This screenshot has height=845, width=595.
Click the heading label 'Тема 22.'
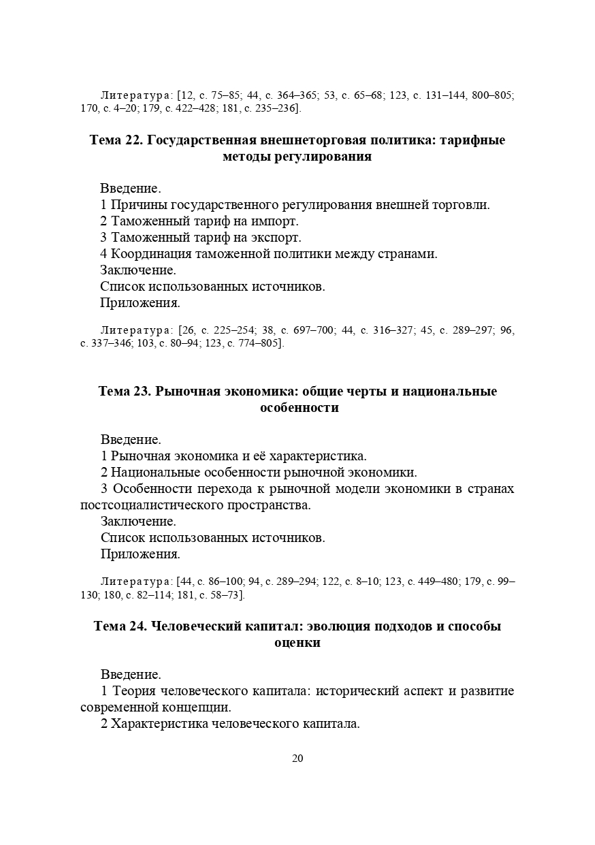pyautogui.click(x=116, y=140)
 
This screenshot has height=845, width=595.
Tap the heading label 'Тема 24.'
pyautogui.click(x=120, y=626)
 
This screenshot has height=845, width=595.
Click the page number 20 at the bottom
pyautogui.click(x=297, y=759)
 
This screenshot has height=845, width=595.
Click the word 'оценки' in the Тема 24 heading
pyautogui.click(x=297, y=643)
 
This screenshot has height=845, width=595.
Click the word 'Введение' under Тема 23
pyautogui.click(x=131, y=440)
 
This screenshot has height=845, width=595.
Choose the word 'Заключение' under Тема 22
pyautogui.click(x=138, y=270)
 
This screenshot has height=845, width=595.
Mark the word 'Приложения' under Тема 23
pyautogui.click(x=140, y=554)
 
